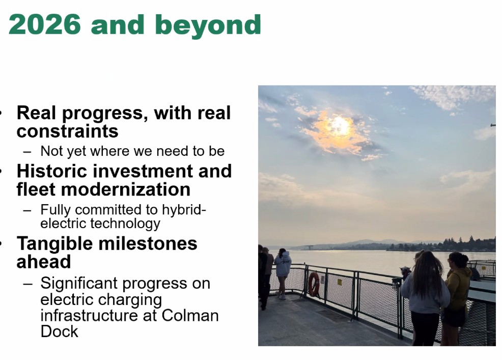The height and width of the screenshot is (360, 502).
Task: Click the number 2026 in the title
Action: [44, 24]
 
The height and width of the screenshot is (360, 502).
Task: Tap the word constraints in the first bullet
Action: [68, 131]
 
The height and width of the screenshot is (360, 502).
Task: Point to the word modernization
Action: [126, 189]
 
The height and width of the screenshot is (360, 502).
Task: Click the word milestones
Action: [148, 243]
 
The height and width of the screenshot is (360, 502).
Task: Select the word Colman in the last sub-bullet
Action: [190, 315]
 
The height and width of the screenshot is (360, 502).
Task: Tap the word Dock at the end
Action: [59, 331]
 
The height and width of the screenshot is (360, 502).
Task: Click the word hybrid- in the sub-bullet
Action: [184, 210]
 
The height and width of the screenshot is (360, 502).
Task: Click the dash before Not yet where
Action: [27, 152]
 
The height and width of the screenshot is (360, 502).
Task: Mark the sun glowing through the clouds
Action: [340, 126]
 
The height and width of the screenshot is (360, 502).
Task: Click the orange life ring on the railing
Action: [314, 284]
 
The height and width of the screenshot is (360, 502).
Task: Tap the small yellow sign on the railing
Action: [340, 282]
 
